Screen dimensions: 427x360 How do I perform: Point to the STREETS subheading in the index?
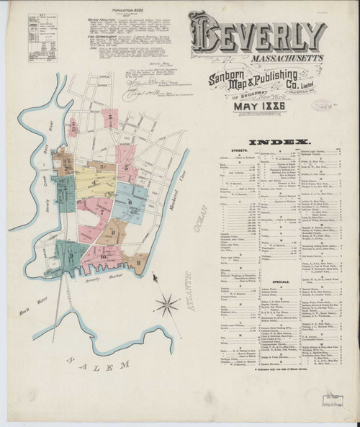237,152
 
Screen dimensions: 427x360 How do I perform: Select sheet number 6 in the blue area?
130,202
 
